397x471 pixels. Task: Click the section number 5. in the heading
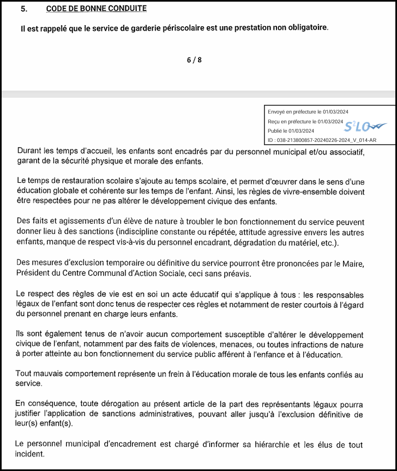click(x=23, y=9)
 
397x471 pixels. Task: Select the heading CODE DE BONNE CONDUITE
click(x=96, y=9)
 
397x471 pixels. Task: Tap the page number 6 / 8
click(x=194, y=60)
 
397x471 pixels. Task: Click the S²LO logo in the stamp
click(x=364, y=127)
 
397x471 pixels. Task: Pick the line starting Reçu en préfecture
click(x=305, y=121)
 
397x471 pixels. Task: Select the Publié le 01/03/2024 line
click(x=291, y=131)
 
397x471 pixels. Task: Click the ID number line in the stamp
click(x=322, y=141)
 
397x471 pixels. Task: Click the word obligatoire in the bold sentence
click(x=306, y=27)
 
